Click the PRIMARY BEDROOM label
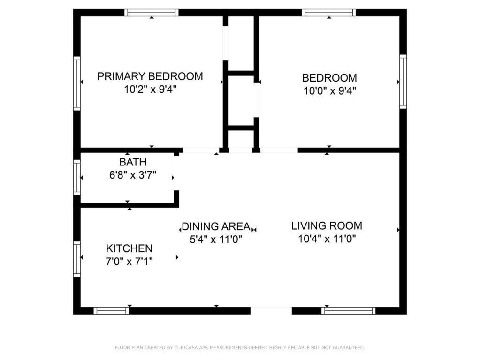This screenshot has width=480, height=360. (x=150, y=76)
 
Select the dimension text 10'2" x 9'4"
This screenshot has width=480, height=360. (x=150, y=90)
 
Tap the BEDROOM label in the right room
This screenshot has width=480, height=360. (x=329, y=78)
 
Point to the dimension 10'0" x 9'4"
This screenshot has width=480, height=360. (x=329, y=91)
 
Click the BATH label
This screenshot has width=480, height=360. (x=133, y=162)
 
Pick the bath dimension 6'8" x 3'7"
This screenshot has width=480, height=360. (x=133, y=175)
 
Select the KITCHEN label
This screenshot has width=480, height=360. (x=129, y=248)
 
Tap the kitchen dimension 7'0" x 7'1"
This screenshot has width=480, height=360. (x=129, y=261)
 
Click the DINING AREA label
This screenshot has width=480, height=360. (x=216, y=226)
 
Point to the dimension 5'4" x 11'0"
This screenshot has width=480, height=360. (x=216, y=239)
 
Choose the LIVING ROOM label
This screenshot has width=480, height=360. (x=327, y=226)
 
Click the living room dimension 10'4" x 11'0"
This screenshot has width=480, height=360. (x=327, y=239)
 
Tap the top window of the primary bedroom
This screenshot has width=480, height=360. (x=152, y=13)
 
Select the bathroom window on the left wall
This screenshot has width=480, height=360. (x=77, y=177)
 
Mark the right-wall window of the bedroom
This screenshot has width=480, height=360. (x=403, y=82)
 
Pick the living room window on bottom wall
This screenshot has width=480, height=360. (x=348, y=310)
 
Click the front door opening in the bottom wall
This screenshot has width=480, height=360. (x=271, y=310)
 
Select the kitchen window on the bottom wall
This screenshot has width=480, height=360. (x=111, y=310)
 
